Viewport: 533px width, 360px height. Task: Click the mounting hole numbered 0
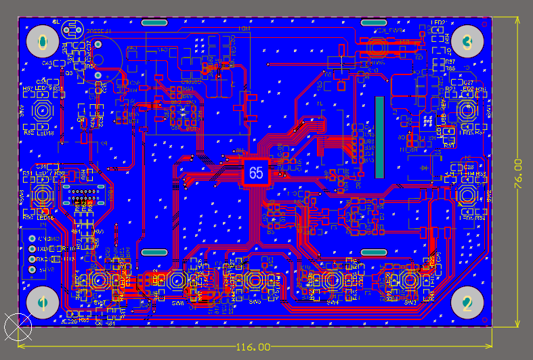coord(42,43)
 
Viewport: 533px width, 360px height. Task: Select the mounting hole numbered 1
coord(42,302)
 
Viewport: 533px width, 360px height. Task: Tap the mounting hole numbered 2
coord(467,302)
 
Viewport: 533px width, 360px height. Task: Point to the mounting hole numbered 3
coord(467,43)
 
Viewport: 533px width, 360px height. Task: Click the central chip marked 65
coord(256,173)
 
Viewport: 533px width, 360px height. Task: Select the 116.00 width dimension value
coord(253,346)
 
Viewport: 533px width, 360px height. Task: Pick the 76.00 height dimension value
coord(517,174)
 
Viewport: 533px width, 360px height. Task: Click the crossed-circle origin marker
coord(18,326)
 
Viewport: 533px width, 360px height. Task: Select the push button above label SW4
coord(333,280)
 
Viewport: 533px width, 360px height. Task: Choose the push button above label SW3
coord(410,280)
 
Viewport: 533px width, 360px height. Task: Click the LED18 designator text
coord(45,133)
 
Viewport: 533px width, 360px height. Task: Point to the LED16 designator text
coord(45,217)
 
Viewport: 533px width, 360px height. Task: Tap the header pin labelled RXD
coord(32,259)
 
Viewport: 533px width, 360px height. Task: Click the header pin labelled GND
coord(32,239)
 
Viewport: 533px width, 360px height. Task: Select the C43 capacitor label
coord(47,64)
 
